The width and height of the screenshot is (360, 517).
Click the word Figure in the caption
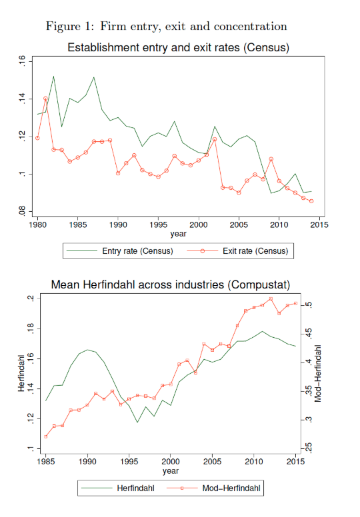pos(63,27)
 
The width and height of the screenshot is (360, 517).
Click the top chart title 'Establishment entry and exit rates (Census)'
pos(178,47)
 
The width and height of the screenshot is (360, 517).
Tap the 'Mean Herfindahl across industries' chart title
pos(171,284)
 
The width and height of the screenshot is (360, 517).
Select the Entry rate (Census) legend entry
pos(120,251)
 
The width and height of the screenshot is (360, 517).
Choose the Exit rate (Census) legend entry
pos(237,251)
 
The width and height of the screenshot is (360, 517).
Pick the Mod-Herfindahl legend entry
pos(214,488)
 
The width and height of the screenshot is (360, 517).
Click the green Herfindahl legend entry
pos(118,488)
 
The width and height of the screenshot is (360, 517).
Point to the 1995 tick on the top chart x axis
pos(159,225)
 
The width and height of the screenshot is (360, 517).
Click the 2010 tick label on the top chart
pos(279,225)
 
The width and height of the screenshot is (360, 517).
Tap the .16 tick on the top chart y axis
pos(22,61)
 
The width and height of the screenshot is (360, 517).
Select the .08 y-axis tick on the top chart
pos(22,211)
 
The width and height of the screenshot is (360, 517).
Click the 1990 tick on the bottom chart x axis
pos(87,461)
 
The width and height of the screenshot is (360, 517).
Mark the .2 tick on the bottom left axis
pos(31,298)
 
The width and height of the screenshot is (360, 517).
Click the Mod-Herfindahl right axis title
pos(318,374)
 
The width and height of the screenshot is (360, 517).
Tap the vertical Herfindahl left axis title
pos(21,373)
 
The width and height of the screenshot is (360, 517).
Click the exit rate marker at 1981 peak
pos(45,98)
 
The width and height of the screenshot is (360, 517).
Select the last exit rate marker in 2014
pos(311,201)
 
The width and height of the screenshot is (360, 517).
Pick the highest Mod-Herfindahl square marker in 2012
pos(271,298)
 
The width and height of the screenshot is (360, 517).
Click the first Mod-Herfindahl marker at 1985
pos(45,436)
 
